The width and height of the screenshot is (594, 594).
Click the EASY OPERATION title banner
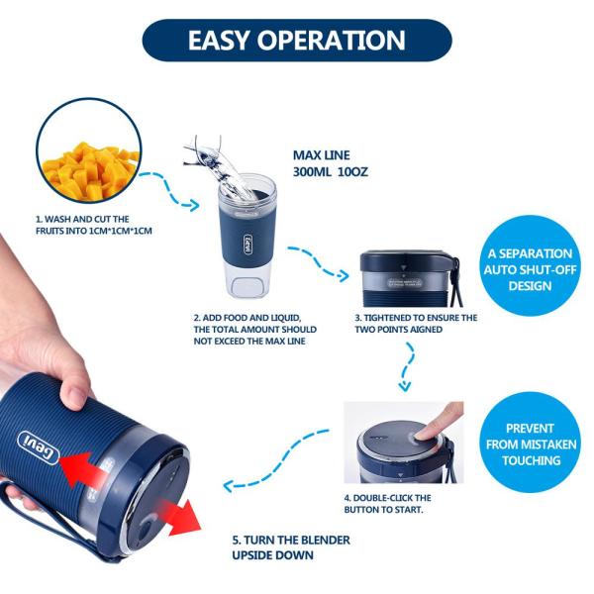(297, 41)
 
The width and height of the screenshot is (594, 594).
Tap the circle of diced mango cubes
(89, 151)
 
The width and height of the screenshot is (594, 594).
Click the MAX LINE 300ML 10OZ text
(331, 163)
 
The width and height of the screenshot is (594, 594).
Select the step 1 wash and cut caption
(94, 225)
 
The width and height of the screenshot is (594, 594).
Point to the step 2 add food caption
(255, 330)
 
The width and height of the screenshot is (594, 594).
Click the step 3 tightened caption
(416, 323)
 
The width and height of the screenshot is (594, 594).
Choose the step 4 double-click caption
(387, 504)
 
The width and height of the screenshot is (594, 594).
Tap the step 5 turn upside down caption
(291, 547)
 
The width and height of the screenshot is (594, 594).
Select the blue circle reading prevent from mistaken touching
(530, 444)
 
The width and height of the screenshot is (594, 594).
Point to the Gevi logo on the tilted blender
(39, 447)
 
